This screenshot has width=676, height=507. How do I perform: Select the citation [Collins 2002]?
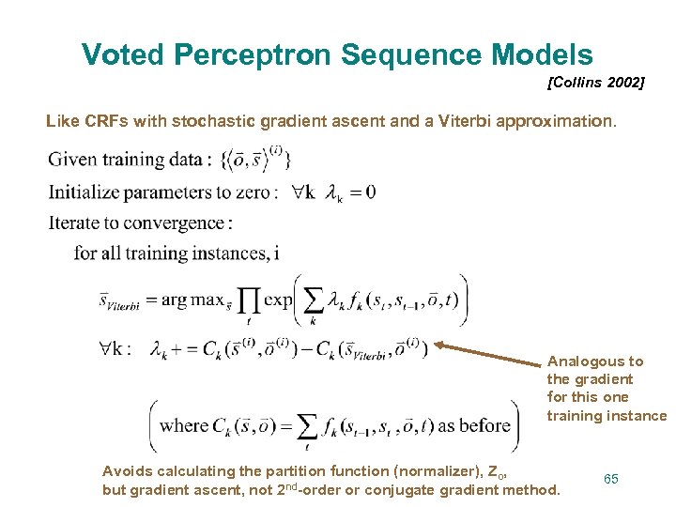click(x=595, y=84)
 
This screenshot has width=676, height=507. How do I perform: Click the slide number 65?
click(x=611, y=479)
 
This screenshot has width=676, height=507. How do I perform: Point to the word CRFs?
click(x=106, y=121)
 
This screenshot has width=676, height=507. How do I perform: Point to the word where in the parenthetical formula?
click(x=184, y=425)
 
